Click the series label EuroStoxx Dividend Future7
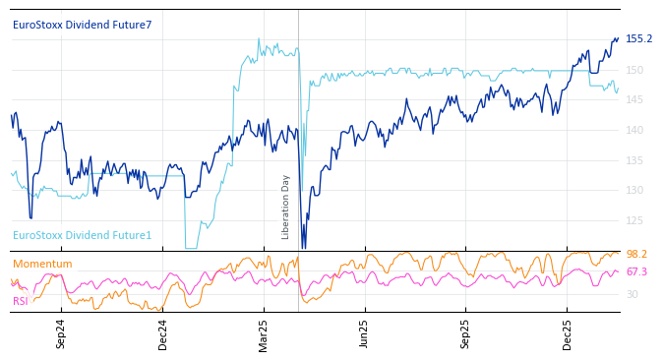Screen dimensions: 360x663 (82, 25)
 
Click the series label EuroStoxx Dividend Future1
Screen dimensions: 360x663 (82, 235)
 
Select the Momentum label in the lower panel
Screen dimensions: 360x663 (42, 264)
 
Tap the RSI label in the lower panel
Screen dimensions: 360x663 (20, 301)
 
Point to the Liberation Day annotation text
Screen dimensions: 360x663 (286, 207)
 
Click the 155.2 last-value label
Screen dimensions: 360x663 (638, 39)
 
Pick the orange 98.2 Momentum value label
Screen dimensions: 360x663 (636, 254)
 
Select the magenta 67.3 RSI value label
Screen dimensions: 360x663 (636, 271)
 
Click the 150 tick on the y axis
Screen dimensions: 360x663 (633, 70)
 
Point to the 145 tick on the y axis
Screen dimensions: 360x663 (633, 100)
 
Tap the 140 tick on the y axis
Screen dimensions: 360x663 (633, 130)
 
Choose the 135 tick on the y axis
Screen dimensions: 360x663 (633, 160)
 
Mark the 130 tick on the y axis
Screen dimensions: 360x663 (633, 190)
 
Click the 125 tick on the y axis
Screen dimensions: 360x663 (633, 220)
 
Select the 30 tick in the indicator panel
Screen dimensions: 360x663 (632, 294)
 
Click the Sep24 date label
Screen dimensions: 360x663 (61, 333)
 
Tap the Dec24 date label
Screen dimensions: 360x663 (163, 333)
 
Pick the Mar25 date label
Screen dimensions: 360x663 (264, 333)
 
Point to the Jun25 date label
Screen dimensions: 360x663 (364, 333)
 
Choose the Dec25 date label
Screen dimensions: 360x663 (568, 333)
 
